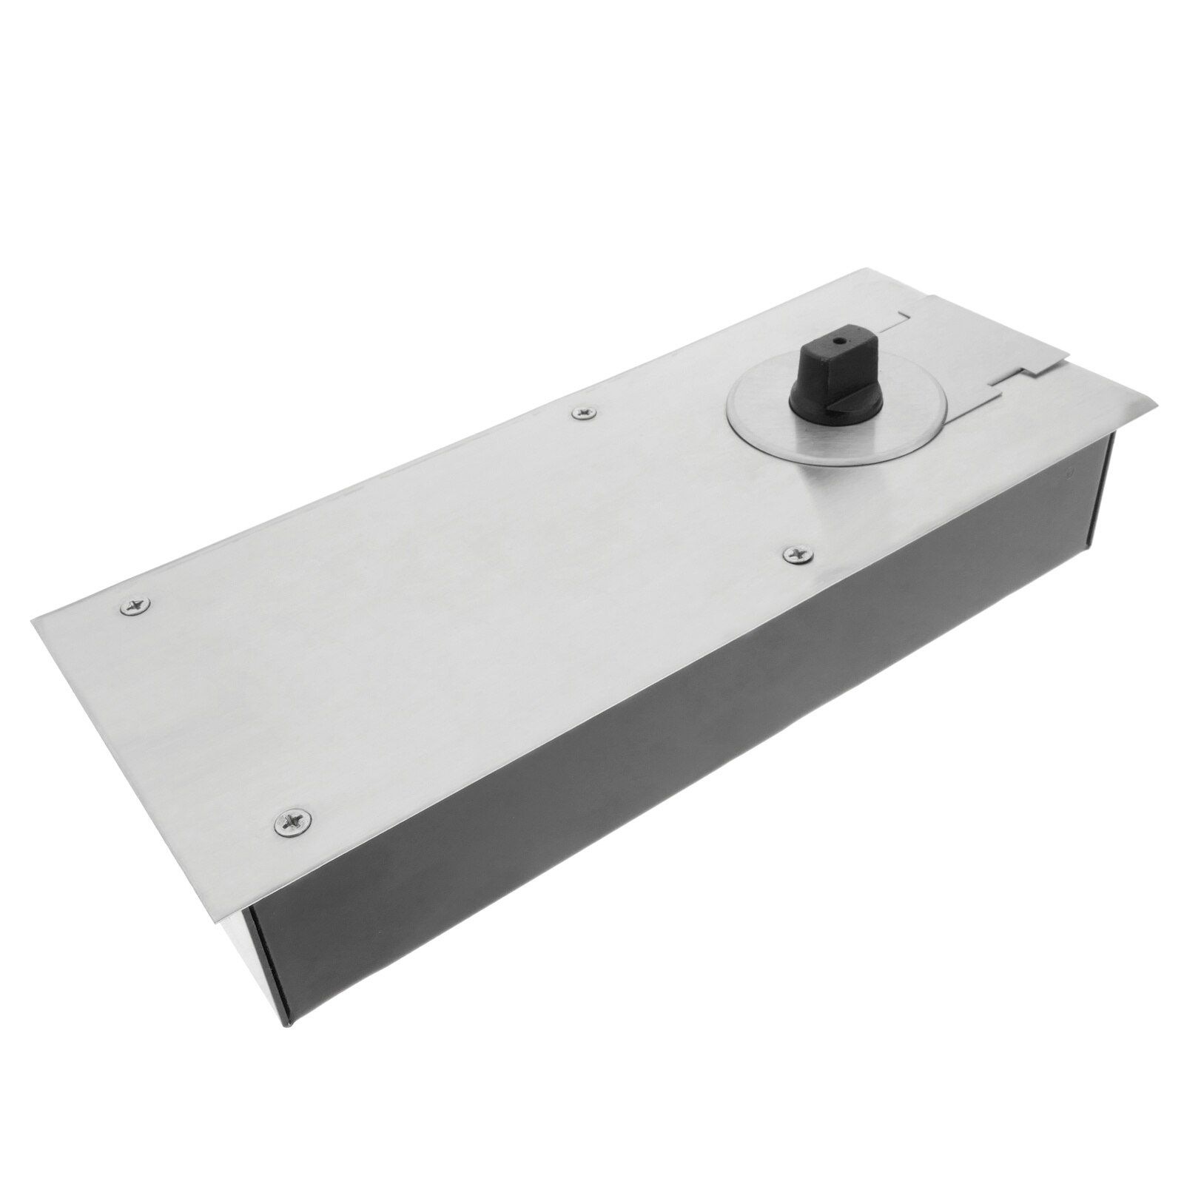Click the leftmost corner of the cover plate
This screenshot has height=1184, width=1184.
(x=31, y=620)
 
